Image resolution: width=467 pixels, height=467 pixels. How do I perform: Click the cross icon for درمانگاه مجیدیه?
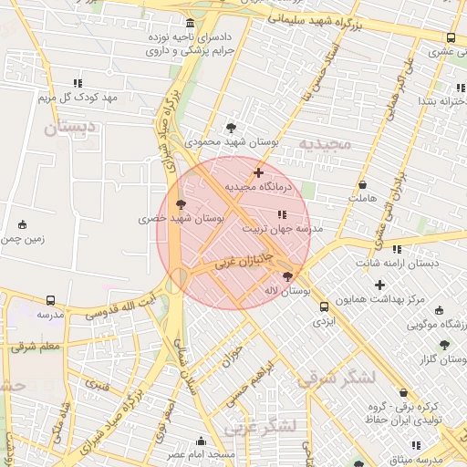(258, 171)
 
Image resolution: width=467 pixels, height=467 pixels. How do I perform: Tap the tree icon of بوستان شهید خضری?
(180, 204)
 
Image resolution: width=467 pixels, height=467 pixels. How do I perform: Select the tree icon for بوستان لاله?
(288, 275)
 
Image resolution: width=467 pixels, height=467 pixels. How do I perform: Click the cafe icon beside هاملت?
(362, 184)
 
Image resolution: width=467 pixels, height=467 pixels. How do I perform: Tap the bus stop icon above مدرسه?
(50, 299)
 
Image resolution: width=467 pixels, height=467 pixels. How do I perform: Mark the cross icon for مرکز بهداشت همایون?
(379, 285)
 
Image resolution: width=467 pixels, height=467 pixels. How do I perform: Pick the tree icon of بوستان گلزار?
(444, 345)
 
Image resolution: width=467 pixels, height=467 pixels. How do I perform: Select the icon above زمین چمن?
(23, 223)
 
